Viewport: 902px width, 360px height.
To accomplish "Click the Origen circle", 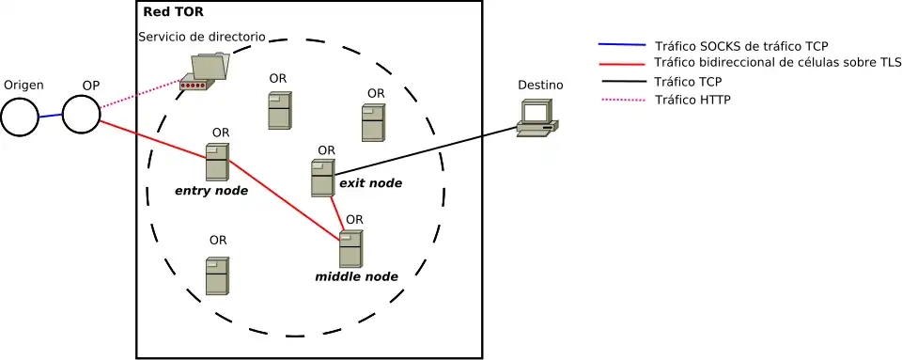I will click(x=19, y=117).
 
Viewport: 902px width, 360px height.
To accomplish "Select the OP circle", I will click(x=81, y=114).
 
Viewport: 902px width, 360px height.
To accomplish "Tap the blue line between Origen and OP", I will click(x=50, y=116).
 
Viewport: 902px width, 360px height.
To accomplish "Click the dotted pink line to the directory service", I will click(x=141, y=94).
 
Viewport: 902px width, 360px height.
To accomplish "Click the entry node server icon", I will click(x=217, y=162).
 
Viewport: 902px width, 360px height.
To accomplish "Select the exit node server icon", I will click(x=322, y=178).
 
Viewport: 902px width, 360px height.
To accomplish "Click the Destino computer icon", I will click(x=537, y=117).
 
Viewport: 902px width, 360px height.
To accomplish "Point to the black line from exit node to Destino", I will click(x=423, y=151).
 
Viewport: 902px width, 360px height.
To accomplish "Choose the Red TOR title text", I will click(x=172, y=12).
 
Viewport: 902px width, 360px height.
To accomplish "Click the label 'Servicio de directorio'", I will click(x=201, y=37).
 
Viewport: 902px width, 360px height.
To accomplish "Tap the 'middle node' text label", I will click(x=356, y=276).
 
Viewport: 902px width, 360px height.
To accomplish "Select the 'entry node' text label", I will click(x=211, y=191).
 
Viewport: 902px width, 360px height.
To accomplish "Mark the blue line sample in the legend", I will click(x=621, y=45).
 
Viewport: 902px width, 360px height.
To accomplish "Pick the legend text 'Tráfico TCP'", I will click(x=688, y=82).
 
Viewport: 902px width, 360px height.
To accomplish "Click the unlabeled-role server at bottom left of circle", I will click(x=217, y=275).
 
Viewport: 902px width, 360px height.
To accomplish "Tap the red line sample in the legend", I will click(x=621, y=64).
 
